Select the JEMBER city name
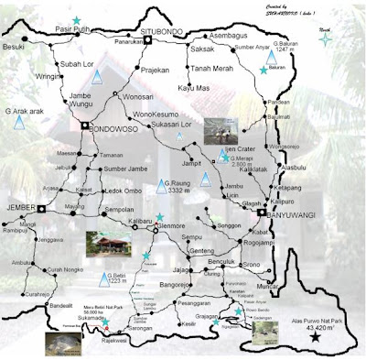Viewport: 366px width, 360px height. coord(25,208)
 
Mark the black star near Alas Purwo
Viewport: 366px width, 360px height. coord(316,338)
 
